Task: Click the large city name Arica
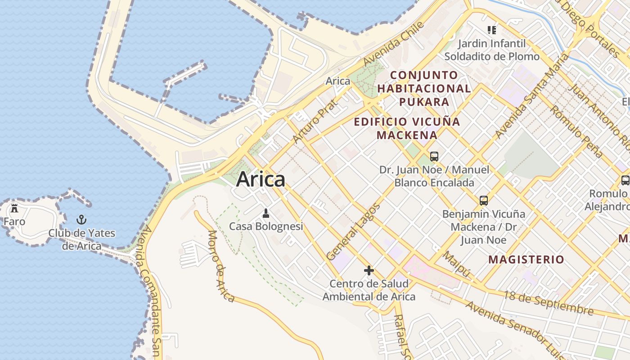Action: point(261,179)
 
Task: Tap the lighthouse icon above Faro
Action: point(14,208)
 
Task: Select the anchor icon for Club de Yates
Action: point(81,220)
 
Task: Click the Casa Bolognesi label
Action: point(266,226)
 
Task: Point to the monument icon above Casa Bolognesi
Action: point(266,212)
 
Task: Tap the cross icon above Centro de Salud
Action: point(369,270)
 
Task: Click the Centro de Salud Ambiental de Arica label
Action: point(369,290)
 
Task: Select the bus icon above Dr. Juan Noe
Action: point(434,157)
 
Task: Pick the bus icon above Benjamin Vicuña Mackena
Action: point(484,201)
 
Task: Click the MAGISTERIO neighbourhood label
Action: point(526,259)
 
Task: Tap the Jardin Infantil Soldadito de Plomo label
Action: point(492,50)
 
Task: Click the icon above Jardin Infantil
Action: point(492,30)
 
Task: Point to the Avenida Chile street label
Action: point(394,43)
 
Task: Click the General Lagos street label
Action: point(353,232)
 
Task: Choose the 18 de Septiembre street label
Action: point(548,303)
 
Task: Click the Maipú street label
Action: point(456,265)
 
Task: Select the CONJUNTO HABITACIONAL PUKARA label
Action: point(424,88)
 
